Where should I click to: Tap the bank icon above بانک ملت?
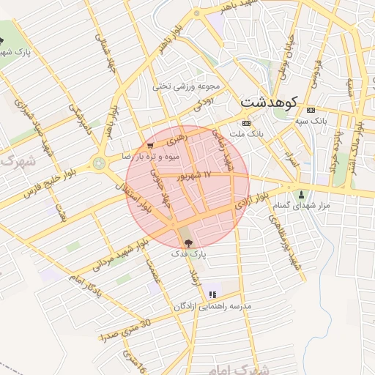pos(246,122)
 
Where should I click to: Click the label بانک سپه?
pos(310,119)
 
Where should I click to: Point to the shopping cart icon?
pos(150,145)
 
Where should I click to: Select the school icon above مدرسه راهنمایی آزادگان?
pos(212,294)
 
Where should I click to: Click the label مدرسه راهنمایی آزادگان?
pos(212,305)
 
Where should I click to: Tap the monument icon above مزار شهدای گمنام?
pos(302,195)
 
